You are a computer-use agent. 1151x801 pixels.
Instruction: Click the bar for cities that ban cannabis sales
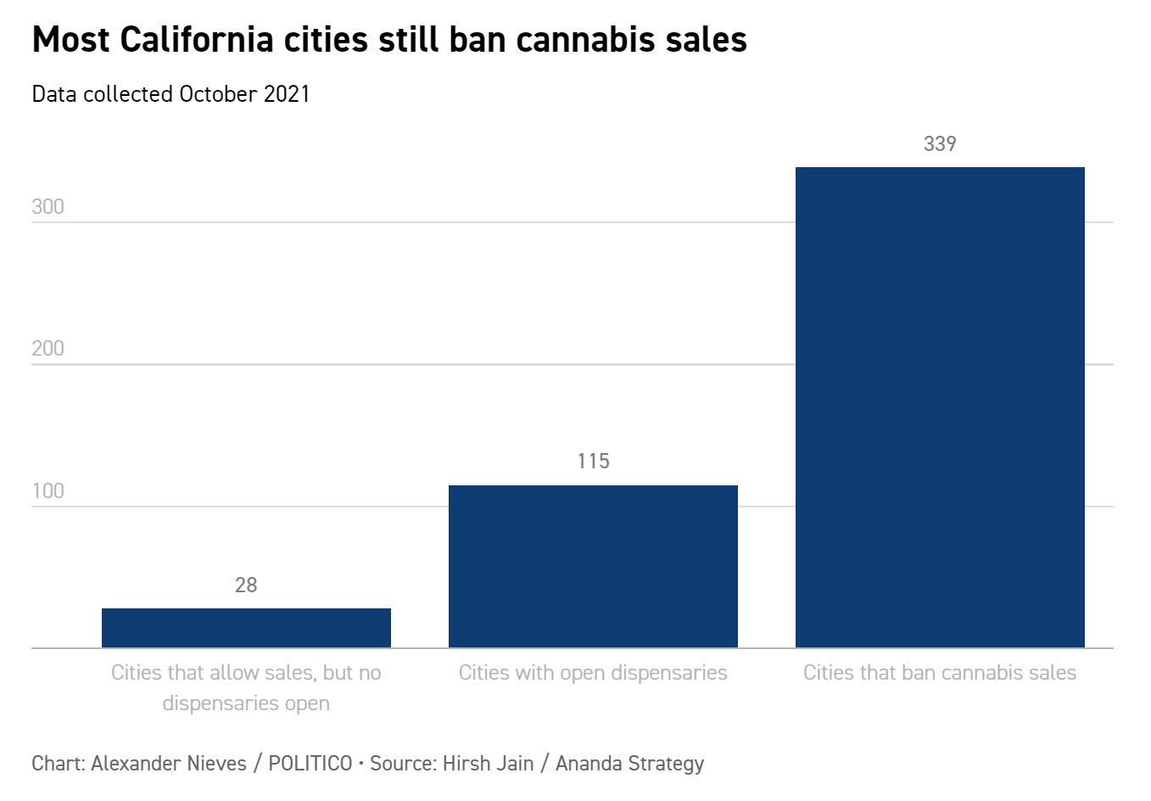point(940,407)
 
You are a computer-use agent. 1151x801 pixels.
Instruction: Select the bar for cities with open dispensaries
point(593,566)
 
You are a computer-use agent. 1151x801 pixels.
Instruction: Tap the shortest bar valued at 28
point(246,628)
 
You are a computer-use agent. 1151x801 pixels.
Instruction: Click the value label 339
point(940,144)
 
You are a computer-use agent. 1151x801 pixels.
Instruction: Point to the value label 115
point(593,462)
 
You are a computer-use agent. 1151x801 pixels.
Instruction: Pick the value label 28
point(246,585)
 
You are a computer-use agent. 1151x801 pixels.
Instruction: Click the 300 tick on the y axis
point(47,207)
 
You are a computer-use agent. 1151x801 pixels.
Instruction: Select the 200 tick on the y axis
point(47,349)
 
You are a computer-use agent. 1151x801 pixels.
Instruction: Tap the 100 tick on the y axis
point(47,491)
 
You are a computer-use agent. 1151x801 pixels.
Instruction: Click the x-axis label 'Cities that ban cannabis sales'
point(940,673)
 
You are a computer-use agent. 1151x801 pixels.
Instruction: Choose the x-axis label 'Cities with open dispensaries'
point(593,673)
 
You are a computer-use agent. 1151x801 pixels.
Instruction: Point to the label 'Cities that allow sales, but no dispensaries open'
point(246,687)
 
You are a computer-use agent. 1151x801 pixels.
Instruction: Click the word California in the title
point(197,40)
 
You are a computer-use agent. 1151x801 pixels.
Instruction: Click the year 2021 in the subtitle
point(287,93)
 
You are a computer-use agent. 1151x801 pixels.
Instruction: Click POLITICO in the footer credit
point(310,764)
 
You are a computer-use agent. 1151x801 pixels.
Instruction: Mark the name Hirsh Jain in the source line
point(489,764)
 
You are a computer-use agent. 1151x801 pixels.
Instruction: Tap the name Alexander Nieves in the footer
point(169,764)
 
